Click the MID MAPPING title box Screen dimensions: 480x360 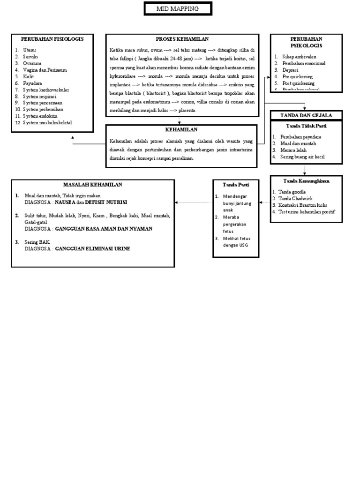coord(178,9)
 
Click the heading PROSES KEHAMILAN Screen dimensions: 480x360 coord(182,38)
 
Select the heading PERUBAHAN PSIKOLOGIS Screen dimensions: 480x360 coord(306,42)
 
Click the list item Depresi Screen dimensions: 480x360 coord(290,69)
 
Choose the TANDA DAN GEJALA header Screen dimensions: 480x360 coord(307,115)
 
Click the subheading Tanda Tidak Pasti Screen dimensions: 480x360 coord(307,126)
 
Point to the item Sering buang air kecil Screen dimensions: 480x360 coord(302,157)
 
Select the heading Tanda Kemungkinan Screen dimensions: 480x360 coord(307,180)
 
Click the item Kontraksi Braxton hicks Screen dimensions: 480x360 coord(302,205)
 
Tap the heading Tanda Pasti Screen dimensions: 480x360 coord(236,184)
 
